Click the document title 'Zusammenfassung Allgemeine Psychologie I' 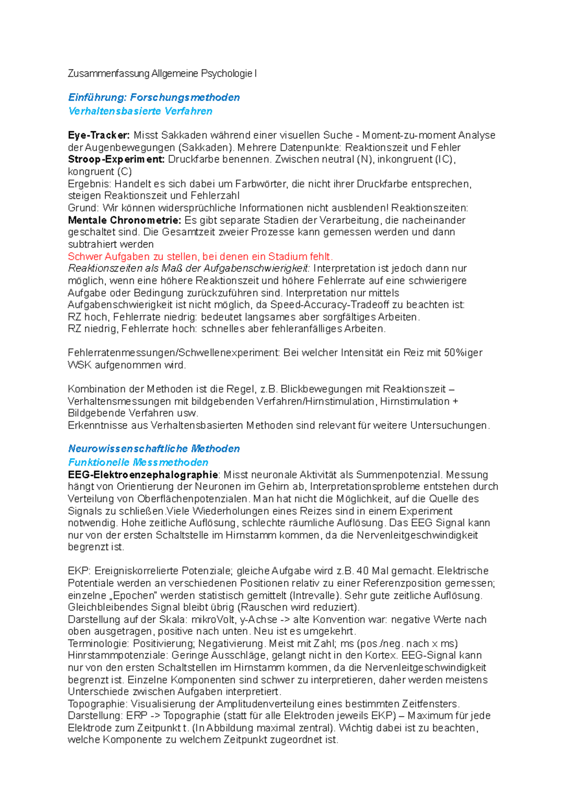tap(162, 74)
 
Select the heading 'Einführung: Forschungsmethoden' tap(154, 97)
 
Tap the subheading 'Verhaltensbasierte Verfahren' tap(140, 111)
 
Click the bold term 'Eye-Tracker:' tap(99, 135)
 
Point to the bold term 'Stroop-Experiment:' tap(116, 159)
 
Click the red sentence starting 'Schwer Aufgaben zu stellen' tap(200, 256)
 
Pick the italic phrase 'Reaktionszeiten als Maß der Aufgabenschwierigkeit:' tap(189, 268)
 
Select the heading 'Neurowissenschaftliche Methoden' tap(154, 449)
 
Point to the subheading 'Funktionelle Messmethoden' tap(138, 462)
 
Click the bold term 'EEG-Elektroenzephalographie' tap(143, 475)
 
